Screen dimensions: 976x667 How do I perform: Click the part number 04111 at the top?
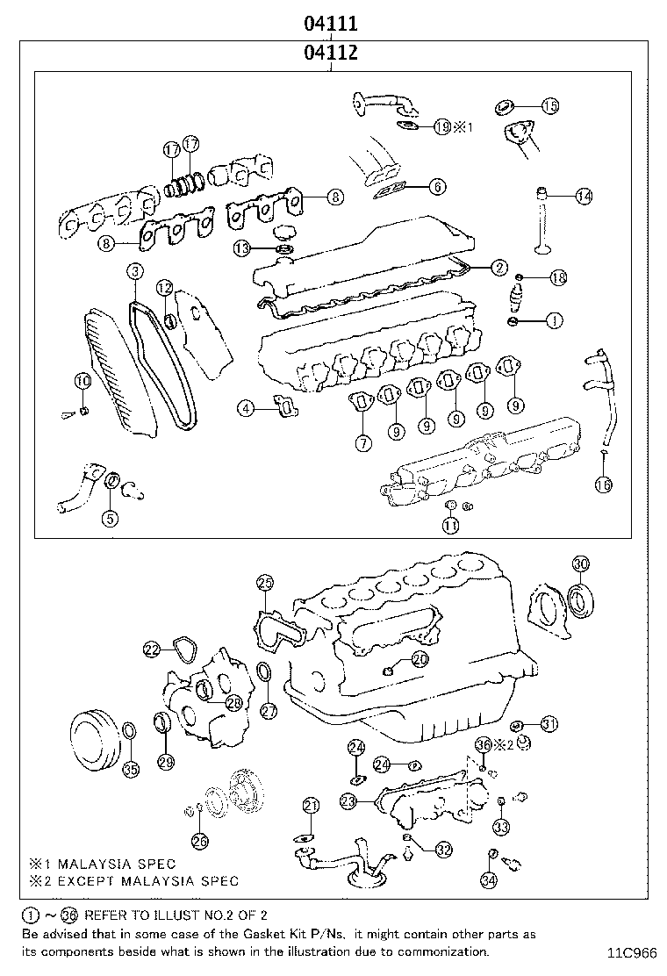pos(330,22)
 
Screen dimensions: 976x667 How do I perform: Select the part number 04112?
pos(330,53)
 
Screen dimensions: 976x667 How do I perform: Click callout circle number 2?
pos(498,268)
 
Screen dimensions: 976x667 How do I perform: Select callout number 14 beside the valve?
pos(584,197)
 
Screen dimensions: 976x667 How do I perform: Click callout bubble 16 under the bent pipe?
pos(602,484)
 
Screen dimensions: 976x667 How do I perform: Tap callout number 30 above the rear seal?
pos(581,563)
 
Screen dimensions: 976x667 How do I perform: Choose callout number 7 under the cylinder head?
pos(362,443)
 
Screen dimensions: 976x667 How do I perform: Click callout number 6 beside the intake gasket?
pos(437,186)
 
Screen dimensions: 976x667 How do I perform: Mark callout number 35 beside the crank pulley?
pos(130,770)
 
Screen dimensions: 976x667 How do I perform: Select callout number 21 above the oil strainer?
pos(312,806)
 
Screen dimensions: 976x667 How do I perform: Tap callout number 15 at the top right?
pos(549,106)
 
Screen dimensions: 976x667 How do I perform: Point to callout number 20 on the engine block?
pos(420,658)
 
